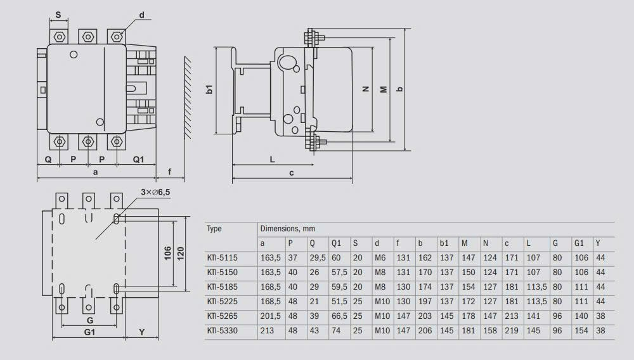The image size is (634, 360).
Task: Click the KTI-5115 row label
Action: point(221,258)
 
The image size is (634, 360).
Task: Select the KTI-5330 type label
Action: point(221,331)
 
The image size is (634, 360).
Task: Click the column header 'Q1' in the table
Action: point(336,243)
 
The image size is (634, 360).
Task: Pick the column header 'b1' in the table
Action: point(444,243)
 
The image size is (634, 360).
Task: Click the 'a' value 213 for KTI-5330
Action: point(266,331)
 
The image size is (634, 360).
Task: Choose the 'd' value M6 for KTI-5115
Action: point(380,258)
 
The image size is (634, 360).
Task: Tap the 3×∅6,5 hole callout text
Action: point(155,192)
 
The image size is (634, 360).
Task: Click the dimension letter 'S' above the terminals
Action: point(58,14)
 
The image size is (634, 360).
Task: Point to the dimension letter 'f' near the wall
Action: point(169,172)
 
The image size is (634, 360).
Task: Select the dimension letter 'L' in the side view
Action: point(272,160)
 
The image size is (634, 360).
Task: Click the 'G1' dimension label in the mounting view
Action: point(89,331)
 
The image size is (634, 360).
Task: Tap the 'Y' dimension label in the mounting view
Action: point(141,331)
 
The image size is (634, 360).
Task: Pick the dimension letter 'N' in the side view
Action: point(366,89)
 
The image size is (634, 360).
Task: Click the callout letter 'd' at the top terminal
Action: point(141,14)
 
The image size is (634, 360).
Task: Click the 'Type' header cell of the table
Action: point(214,229)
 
